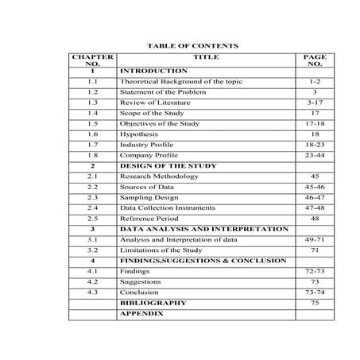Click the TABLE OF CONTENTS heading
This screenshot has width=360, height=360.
tap(188, 46)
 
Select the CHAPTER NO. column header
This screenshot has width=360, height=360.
tap(93, 61)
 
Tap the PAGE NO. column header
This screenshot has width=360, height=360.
tap(315, 61)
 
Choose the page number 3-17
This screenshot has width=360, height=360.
tap(315, 103)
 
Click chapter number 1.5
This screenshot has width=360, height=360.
tap(93, 125)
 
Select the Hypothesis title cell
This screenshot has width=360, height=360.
tap(141, 135)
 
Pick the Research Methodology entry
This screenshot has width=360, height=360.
tap(161, 176)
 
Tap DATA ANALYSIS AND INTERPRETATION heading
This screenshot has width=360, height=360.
tap(204, 229)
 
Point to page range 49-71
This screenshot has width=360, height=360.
tap(315, 239)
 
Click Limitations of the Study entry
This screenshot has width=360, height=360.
tap(159, 250)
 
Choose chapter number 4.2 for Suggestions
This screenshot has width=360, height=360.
tap(93, 282)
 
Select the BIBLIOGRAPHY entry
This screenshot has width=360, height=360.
tap(153, 303)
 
